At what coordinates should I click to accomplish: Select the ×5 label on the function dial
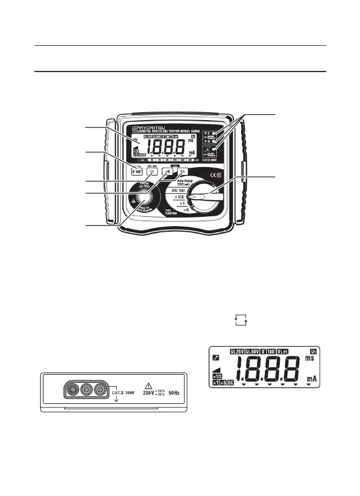[x=183, y=211]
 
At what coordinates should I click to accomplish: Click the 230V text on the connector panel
[x=149, y=394]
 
